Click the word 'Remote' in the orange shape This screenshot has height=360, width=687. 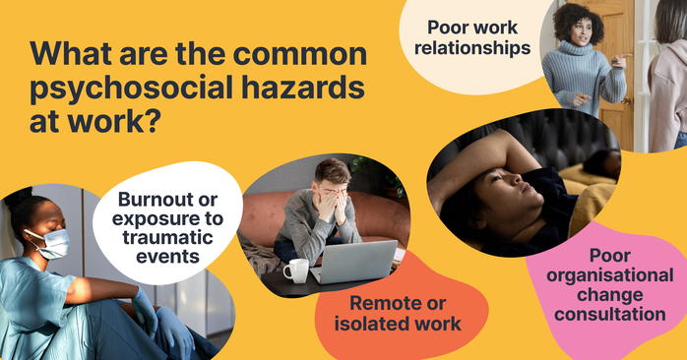[372, 305]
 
